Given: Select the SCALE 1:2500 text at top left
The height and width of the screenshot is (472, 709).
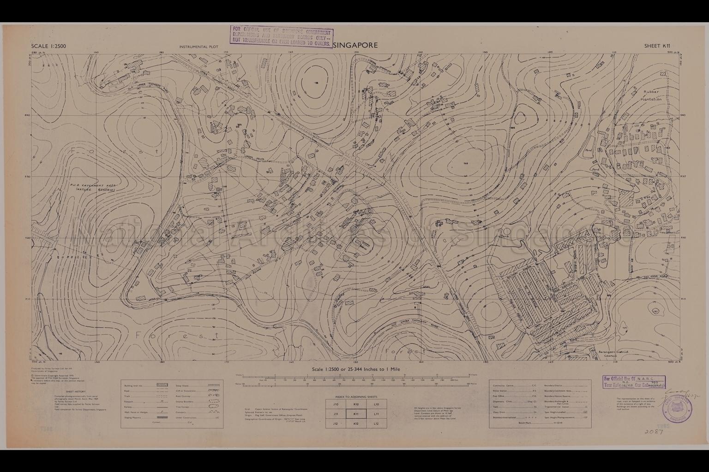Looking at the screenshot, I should (x=48, y=46).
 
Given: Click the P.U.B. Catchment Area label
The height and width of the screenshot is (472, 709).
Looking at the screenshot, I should (x=86, y=186).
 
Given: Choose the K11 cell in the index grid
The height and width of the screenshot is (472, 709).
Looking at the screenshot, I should (x=356, y=414).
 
